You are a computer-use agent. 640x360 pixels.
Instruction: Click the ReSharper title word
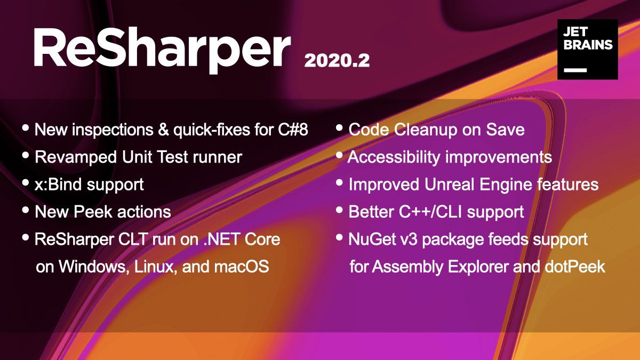162,51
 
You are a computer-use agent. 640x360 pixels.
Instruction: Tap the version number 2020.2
337,61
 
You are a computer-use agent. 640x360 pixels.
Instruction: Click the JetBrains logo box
587,49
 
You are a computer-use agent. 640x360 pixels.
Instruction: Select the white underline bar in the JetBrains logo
575,70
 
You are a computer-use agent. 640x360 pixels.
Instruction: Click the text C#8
293,130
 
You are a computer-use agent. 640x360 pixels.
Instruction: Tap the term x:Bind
59,185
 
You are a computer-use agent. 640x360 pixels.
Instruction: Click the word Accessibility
394,157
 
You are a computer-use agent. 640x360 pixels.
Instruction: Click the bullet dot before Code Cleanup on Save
339,127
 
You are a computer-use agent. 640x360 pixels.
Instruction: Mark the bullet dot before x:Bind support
26,182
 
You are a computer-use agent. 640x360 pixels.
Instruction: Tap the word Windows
93,267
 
